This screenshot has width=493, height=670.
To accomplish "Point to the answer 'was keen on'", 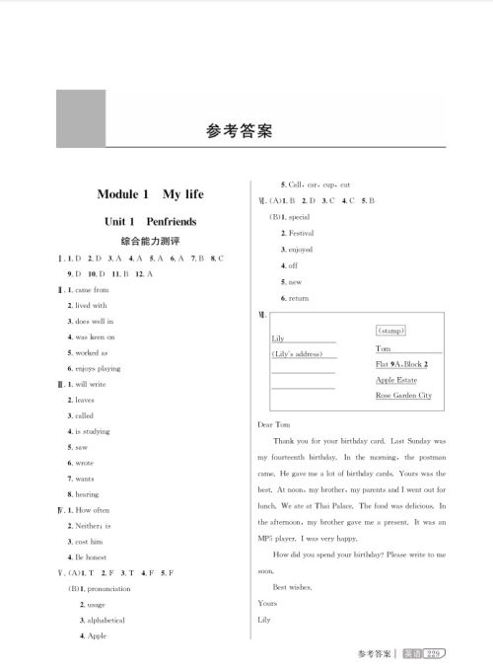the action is click(x=95, y=336).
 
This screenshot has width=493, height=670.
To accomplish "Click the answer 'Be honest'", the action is click(x=92, y=558).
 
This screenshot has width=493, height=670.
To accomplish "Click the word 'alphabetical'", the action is click(x=107, y=620).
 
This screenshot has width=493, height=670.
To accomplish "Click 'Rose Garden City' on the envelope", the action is click(x=403, y=395).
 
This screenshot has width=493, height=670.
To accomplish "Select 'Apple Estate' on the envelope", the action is click(x=396, y=379).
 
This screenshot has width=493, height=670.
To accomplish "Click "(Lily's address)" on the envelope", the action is click(x=301, y=353).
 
